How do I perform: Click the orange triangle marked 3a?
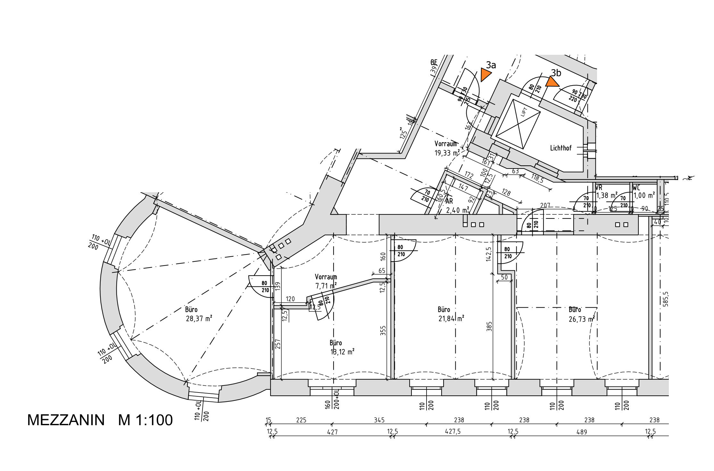point(485,75)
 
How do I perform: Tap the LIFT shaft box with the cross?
point(518,124)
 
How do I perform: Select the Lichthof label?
point(561,148)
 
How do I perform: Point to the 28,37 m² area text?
point(199,319)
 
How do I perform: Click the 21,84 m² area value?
point(451,319)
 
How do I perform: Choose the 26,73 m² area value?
point(582,319)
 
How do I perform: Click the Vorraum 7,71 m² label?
point(326,281)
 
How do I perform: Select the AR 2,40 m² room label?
point(457,206)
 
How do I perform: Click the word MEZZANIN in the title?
point(66,420)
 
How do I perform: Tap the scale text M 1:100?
point(145,420)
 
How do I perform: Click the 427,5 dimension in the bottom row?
point(453,432)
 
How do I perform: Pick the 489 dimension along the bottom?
point(581,432)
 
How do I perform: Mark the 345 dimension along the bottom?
point(379,420)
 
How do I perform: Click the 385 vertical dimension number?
point(489,326)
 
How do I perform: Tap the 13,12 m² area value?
point(342,352)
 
